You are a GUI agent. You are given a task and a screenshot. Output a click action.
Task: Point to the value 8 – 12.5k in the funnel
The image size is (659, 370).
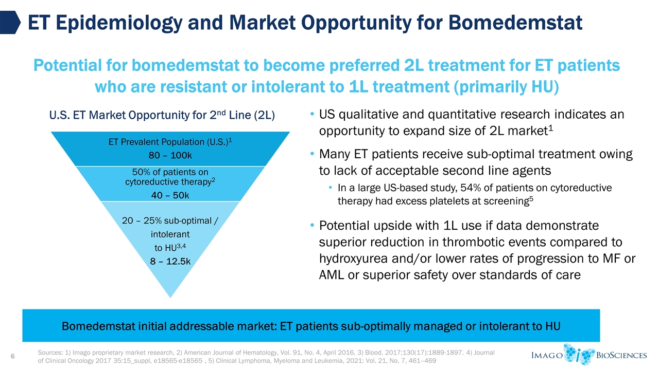click(x=170, y=261)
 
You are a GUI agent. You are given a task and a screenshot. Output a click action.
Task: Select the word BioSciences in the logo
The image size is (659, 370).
click(x=621, y=355)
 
